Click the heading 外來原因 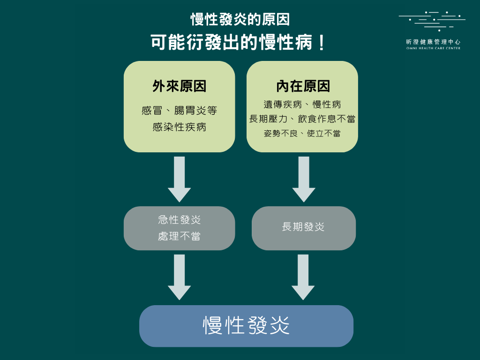point(179,86)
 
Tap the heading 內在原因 point(303,86)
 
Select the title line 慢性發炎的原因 point(240,20)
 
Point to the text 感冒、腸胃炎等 point(179,111)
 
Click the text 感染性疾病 point(179,127)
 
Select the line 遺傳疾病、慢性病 point(302,104)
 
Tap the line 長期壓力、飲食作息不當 point(302,119)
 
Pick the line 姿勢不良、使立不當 point(302,134)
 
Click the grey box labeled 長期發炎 point(303,228)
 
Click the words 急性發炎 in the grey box point(179,220)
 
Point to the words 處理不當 point(179,236)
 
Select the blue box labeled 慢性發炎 point(246,326)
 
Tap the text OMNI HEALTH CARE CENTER point(433,48)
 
